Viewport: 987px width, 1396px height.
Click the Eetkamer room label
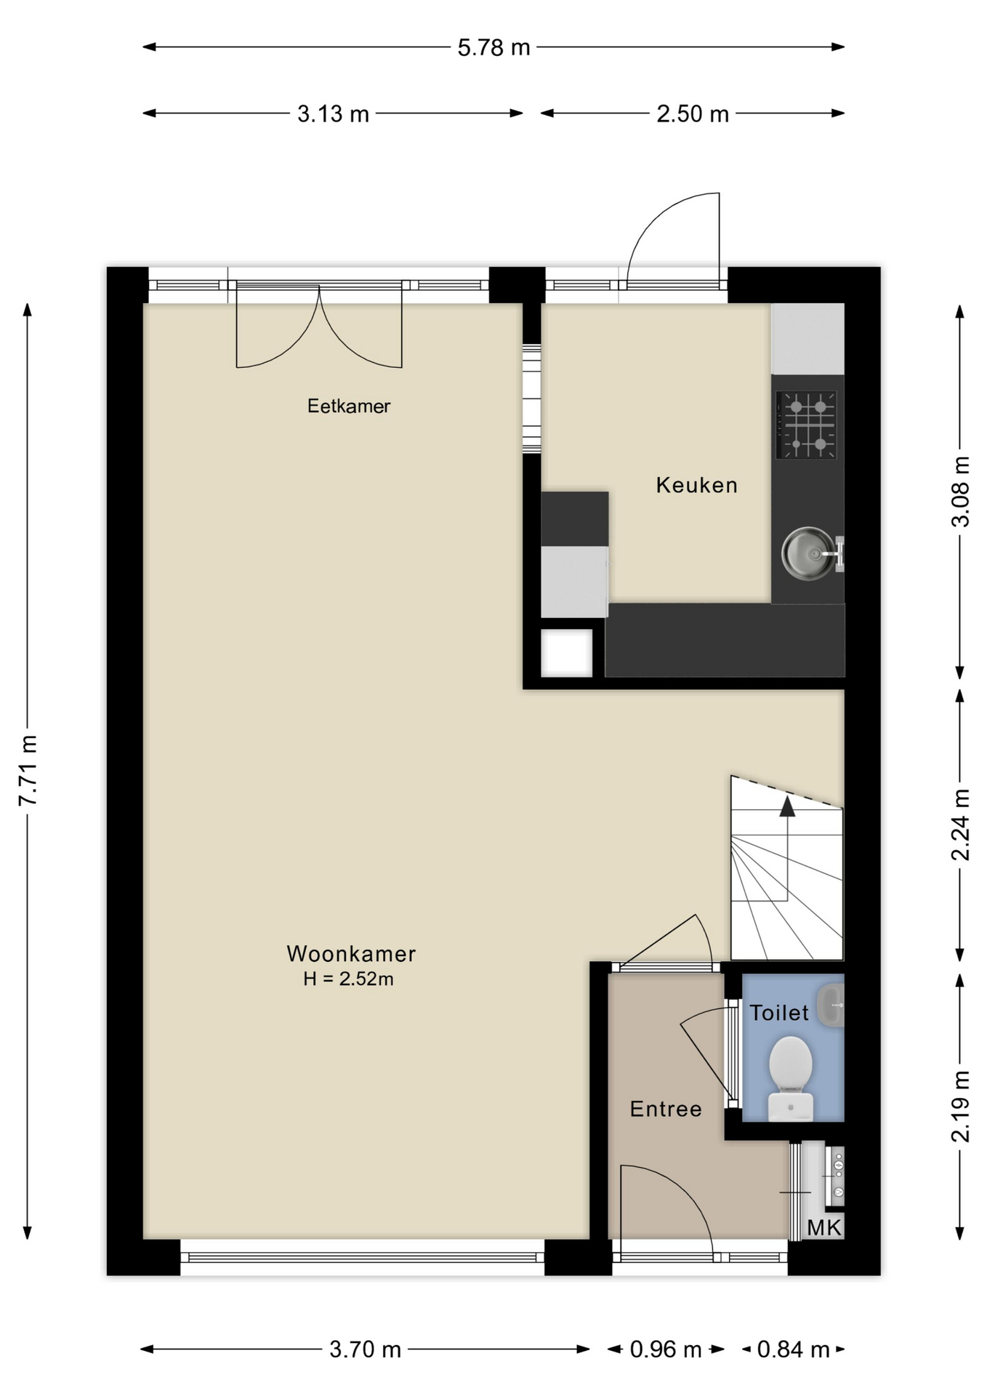coord(348,406)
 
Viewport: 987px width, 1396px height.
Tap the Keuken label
coord(696,485)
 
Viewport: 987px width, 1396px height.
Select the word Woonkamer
coord(351,953)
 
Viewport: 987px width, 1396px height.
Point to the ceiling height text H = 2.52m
coord(348,979)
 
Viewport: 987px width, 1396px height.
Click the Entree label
coord(666,1109)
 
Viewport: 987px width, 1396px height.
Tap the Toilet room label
coord(779,1013)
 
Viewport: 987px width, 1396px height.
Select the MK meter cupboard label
coord(824,1228)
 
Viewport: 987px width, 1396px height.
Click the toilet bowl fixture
coord(791,1078)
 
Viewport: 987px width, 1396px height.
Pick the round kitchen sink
coord(809,553)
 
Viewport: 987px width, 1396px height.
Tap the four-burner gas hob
coord(806,425)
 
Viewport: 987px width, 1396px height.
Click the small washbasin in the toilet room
coord(831,1006)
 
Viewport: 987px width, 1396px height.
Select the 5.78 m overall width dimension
coord(493,48)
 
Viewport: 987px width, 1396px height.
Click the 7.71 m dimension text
coord(28,770)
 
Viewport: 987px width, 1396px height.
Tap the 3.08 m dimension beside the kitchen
coord(961,492)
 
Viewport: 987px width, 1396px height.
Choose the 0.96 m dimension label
coord(666,1350)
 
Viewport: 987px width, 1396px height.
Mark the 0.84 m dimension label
coord(793,1350)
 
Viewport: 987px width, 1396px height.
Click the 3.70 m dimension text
coord(365,1350)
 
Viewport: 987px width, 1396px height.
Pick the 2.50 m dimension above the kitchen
coord(693,114)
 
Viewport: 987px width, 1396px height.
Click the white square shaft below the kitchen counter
coord(567,653)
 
